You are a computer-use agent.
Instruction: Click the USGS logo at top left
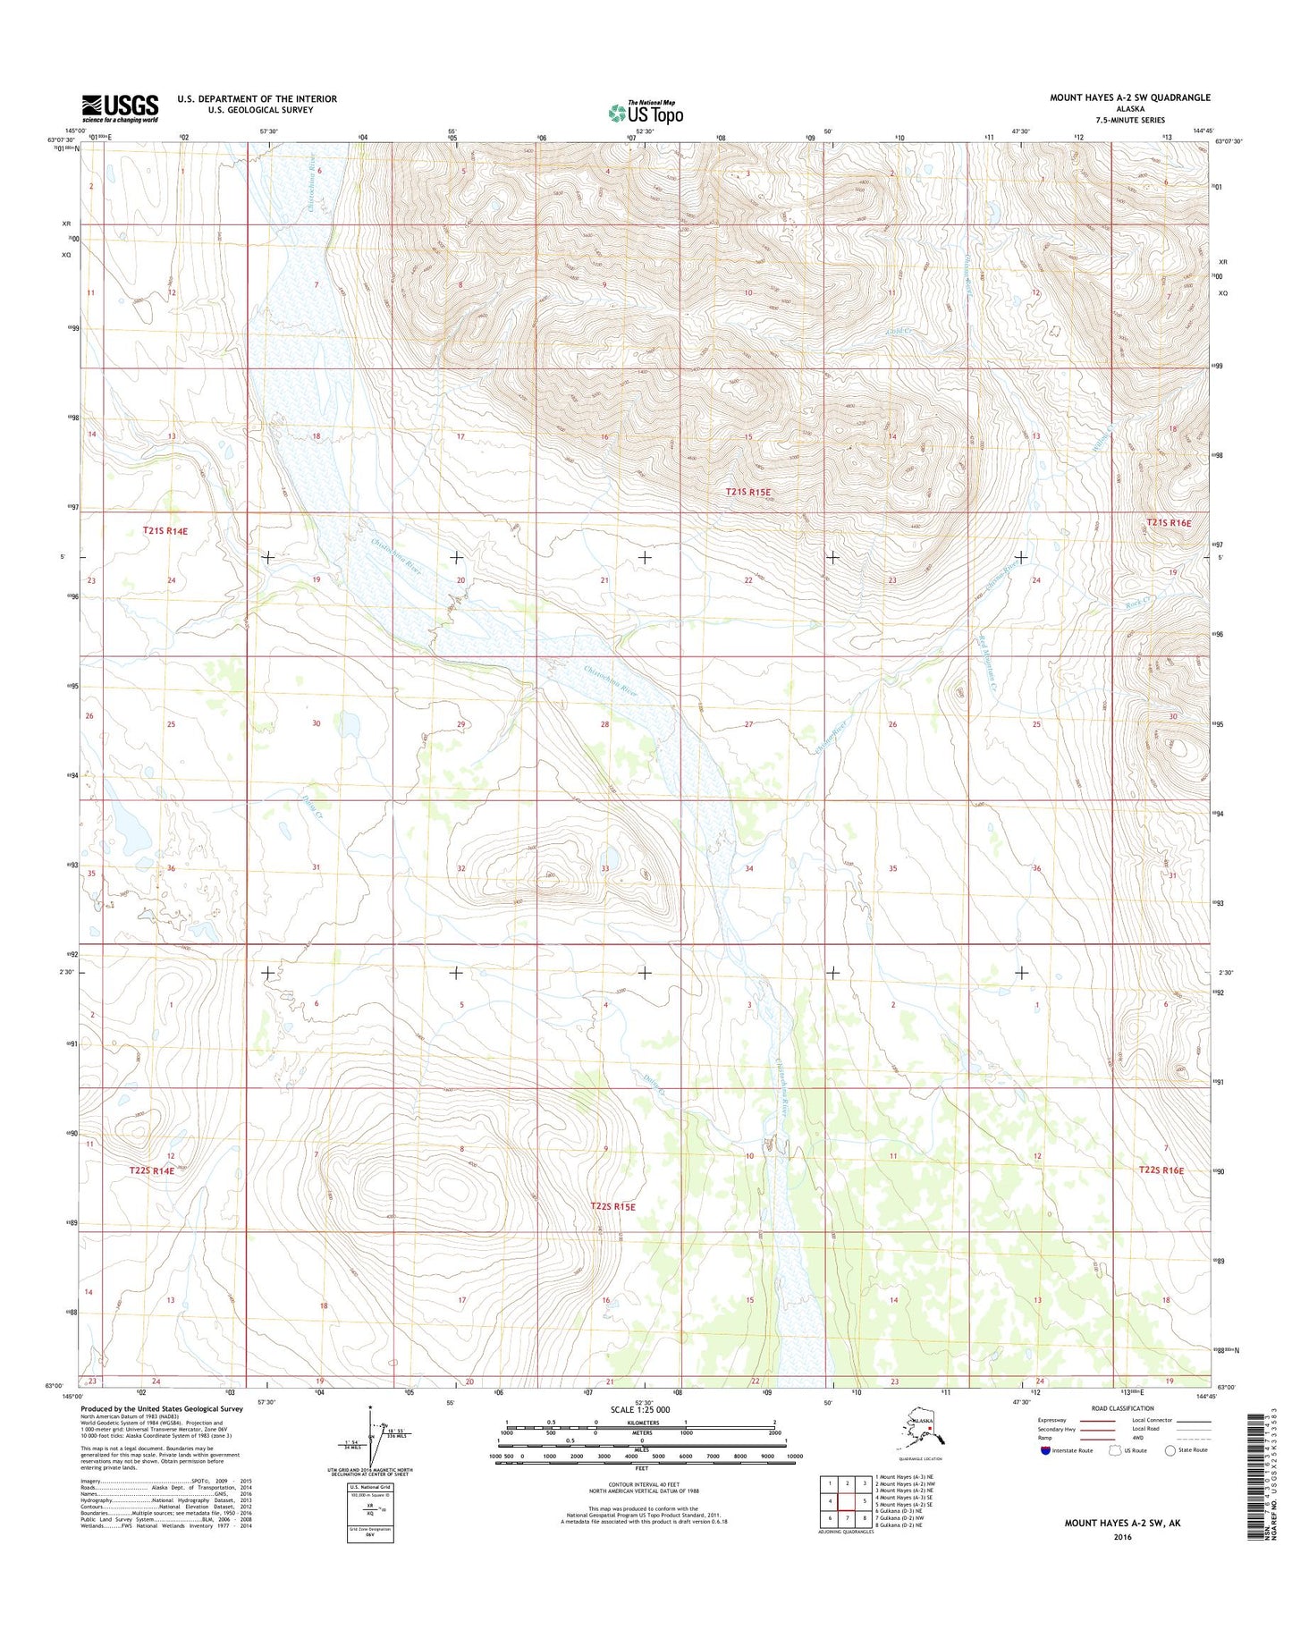tap(120, 108)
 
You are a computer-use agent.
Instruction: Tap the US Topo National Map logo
tap(646, 112)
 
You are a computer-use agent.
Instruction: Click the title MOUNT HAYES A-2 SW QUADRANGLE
tap(1129, 97)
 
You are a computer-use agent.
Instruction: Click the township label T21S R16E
tap(1169, 522)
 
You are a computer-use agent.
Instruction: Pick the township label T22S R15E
tap(612, 1206)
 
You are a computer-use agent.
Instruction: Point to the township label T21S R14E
tap(165, 531)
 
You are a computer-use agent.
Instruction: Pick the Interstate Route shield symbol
tap(1046, 1450)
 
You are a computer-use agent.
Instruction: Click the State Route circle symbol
tap(1170, 1450)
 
